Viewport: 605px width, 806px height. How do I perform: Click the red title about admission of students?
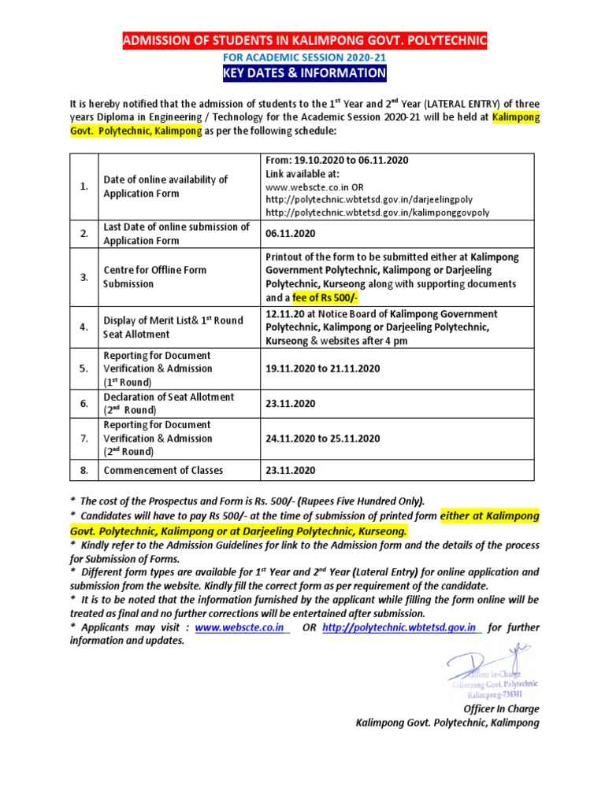click(x=304, y=41)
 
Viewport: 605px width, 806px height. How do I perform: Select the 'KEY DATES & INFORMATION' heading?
click(x=304, y=74)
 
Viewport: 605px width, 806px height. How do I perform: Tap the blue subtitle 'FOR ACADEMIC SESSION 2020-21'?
click(x=304, y=57)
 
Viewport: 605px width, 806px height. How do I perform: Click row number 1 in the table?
click(x=83, y=187)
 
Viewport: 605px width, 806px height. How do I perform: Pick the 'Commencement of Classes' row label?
click(x=163, y=470)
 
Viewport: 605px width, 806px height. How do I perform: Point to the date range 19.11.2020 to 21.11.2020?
click(x=323, y=368)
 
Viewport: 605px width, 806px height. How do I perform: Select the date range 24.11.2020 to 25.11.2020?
click(x=323, y=438)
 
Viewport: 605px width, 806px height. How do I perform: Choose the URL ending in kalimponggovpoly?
click(x=377, y=213)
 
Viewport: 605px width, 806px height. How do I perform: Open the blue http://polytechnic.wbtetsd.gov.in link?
click(x=402, y=627)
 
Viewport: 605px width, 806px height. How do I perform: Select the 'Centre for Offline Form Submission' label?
click(x=155, y=276)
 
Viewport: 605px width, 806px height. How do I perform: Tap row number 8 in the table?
click(x=83, y=470)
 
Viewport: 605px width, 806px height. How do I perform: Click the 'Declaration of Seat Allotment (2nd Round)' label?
click(x=169, y=403)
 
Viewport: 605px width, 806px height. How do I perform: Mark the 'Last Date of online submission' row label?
click(x=176, y=234)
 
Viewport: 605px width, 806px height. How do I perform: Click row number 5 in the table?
click(x=83, y=368)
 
